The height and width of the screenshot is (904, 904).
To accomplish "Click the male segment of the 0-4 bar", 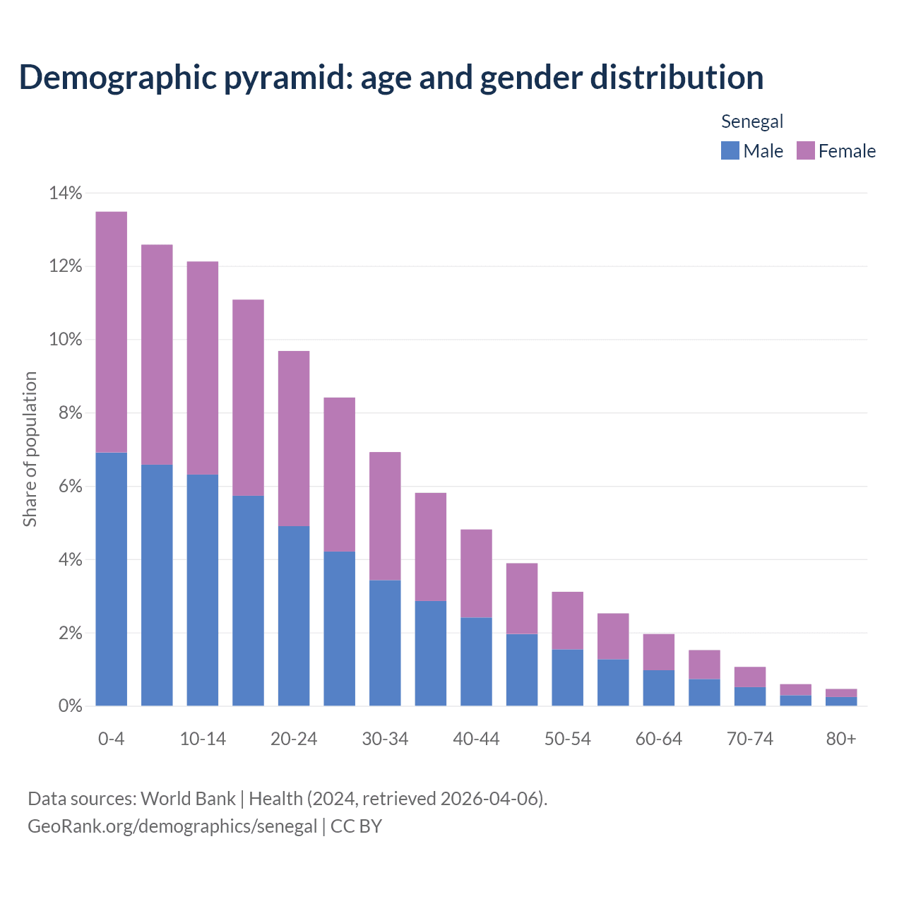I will coord(112,579).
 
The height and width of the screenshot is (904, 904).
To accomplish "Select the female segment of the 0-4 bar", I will coord(112,332).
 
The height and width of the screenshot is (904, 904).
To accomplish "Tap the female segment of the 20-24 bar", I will coord(294,438).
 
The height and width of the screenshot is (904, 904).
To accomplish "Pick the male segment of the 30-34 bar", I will coord(385,643).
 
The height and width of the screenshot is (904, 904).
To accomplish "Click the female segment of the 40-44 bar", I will coord(476,573).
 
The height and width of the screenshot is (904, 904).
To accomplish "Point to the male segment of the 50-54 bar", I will coord(567,677).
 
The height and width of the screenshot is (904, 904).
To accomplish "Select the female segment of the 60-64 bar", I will coord(658,652).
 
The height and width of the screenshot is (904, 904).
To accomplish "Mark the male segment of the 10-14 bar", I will coord(203,590).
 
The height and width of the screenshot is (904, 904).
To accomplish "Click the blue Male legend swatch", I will coord(730,150).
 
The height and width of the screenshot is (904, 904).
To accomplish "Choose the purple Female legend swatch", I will coord(805,150).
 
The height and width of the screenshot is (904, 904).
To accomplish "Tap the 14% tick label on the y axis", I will coord(66,193).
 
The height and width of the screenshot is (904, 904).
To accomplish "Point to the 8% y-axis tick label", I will coord(70,413).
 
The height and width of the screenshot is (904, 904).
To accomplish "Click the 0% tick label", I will coord(70,706).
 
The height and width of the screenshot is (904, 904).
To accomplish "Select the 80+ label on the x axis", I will coord(840,739).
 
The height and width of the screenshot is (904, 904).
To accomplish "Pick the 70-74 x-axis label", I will coord(749,739).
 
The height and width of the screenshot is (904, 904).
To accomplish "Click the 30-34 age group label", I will coord(385,739).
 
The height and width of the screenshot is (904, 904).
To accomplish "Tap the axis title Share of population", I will coord(30,449).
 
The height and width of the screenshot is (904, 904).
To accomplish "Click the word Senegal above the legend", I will coord(752,121).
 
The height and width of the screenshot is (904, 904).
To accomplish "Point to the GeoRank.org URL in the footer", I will coord(172,826).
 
